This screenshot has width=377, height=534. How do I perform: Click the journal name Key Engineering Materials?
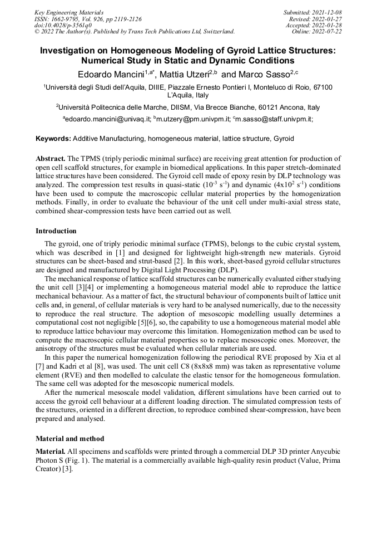click(x=69, y=12)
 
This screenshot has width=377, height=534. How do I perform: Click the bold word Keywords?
click(x=53, y=138)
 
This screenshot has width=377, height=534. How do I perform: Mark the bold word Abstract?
click(x=51, y=158)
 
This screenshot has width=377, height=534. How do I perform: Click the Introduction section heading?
click(x=56, y=231)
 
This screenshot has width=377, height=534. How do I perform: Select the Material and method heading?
click(x=70, y=439)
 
